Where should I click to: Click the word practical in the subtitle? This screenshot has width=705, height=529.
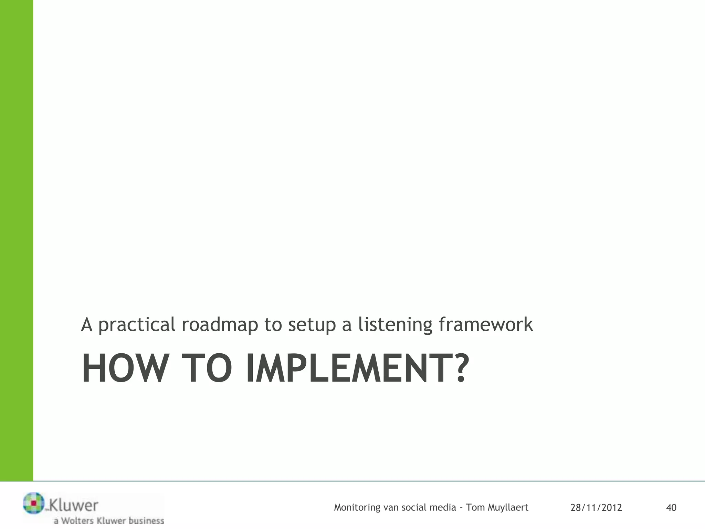137,325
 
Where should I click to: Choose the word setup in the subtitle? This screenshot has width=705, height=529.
312,325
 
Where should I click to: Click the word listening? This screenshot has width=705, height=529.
395,325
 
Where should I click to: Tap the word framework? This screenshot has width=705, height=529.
486,324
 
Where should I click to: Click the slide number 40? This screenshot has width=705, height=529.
671,508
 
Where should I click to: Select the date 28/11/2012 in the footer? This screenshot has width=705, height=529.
596,508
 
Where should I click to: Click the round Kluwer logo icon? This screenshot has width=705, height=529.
34,503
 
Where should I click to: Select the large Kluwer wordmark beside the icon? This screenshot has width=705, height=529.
74,505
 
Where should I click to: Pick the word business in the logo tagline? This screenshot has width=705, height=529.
146,520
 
